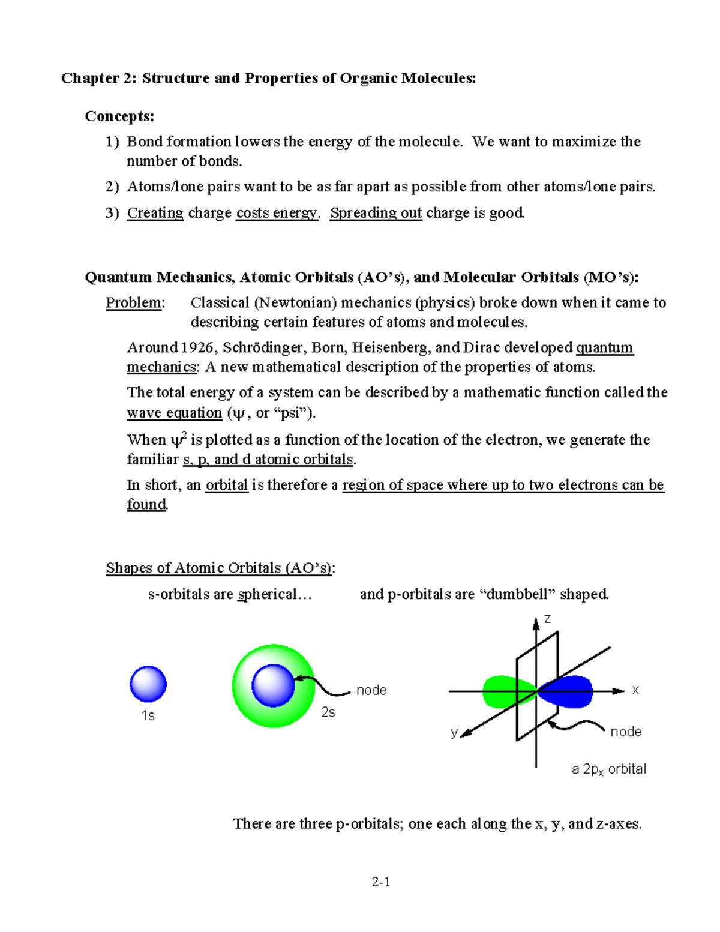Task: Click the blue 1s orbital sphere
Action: tap(148, 684)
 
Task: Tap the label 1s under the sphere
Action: tap(148, 715)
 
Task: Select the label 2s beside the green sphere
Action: tap(328, 712)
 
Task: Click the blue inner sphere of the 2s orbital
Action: tap(273, 685)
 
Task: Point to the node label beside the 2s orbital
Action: tap(371, 690)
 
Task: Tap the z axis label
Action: tap(547, 619)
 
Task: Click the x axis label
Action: tap(635, 690)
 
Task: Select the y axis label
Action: tap(454, 732)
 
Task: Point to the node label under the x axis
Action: tap(626, 732)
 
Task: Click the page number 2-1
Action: tap(381, 882)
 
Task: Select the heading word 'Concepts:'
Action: tap(119, 116)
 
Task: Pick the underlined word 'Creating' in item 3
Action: tap(155, 213)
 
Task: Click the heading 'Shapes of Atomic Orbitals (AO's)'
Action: tap(219, 568)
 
